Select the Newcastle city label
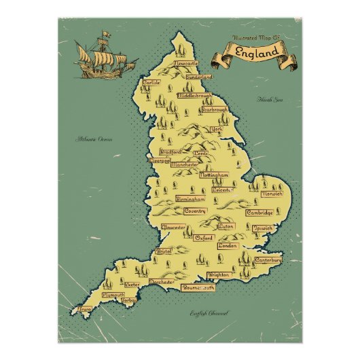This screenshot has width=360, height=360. pos(188,63)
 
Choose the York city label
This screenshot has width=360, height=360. pos(217,129)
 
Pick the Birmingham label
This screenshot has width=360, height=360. pos(190,200)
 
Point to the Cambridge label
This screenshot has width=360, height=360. pos(259,213)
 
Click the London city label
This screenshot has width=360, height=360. pos(227,245)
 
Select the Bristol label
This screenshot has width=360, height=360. pos(164,251)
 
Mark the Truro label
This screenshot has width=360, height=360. pos(86,308)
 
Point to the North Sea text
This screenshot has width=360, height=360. pos(268,100)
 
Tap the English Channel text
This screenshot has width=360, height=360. pos(209,313)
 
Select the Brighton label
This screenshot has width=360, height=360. pos(219,275)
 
